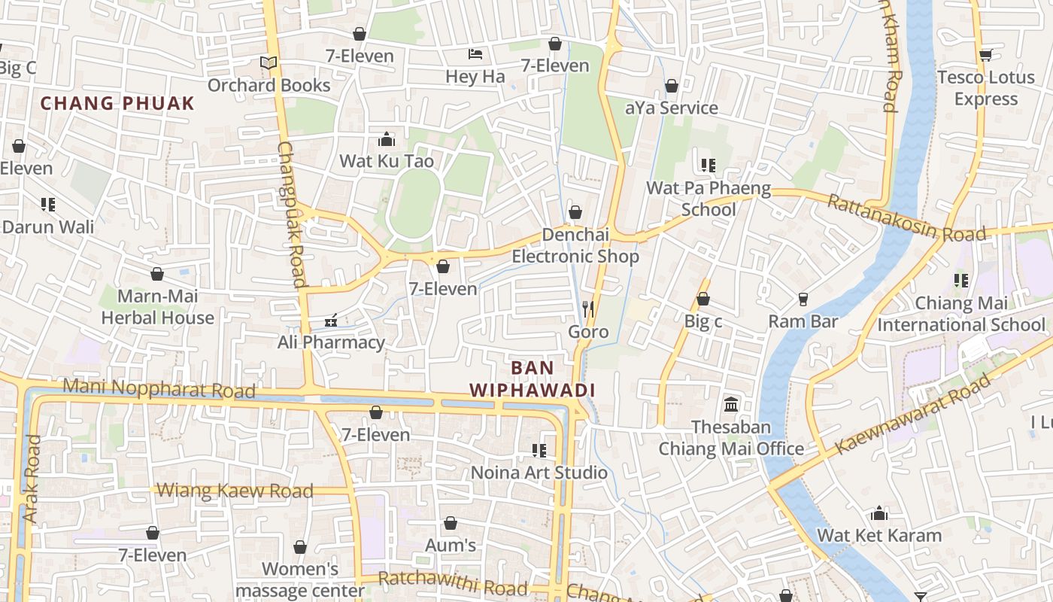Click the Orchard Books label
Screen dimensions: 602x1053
coord(269,85)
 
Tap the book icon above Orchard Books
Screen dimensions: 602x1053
coord(269,63)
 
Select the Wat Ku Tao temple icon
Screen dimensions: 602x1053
coord(387,139)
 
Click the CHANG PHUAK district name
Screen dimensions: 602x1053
coord(117,104)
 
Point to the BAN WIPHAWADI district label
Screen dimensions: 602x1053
coord(533,379)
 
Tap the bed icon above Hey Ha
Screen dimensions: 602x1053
coord(475,54)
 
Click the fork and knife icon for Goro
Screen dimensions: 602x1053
coord(588,309)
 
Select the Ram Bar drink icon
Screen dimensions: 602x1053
coord(803,299)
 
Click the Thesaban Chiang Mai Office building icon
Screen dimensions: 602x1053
coord(731,405)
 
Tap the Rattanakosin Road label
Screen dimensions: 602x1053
coord(906,219)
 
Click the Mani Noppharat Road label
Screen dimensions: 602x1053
coord(159,389)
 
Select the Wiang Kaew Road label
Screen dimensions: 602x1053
coord(234,491)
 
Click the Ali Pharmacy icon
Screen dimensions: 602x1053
coord(330,321)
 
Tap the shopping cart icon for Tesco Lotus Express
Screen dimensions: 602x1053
coord(986,54)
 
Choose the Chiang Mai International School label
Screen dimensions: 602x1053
coord(961,314)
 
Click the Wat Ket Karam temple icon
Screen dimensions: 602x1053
coord(879,515)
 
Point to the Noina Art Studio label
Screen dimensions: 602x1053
coord(539,473)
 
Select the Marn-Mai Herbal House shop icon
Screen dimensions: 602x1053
coord(157,274)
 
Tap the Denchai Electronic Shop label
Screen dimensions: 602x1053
coord(575,246)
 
